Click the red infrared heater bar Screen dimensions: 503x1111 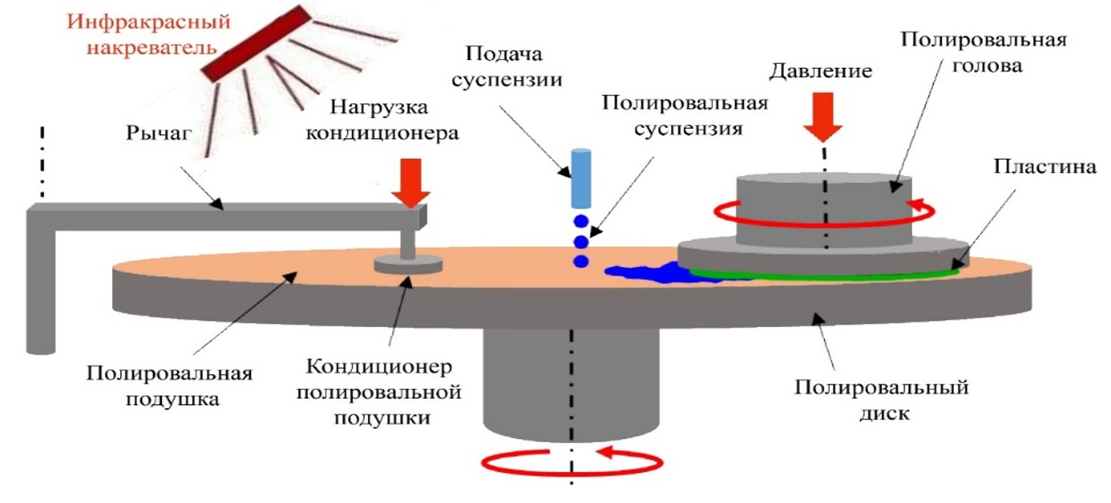[x=253, y=43]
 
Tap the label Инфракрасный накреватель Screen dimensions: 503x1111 [x=148, y=32]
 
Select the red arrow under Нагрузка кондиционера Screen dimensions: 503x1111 [x=410, y=181]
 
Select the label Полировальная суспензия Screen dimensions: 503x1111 [x=685, y=115]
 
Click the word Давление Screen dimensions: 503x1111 [x=820, y=71]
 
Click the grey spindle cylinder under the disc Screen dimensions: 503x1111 [x=570, y=379]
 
